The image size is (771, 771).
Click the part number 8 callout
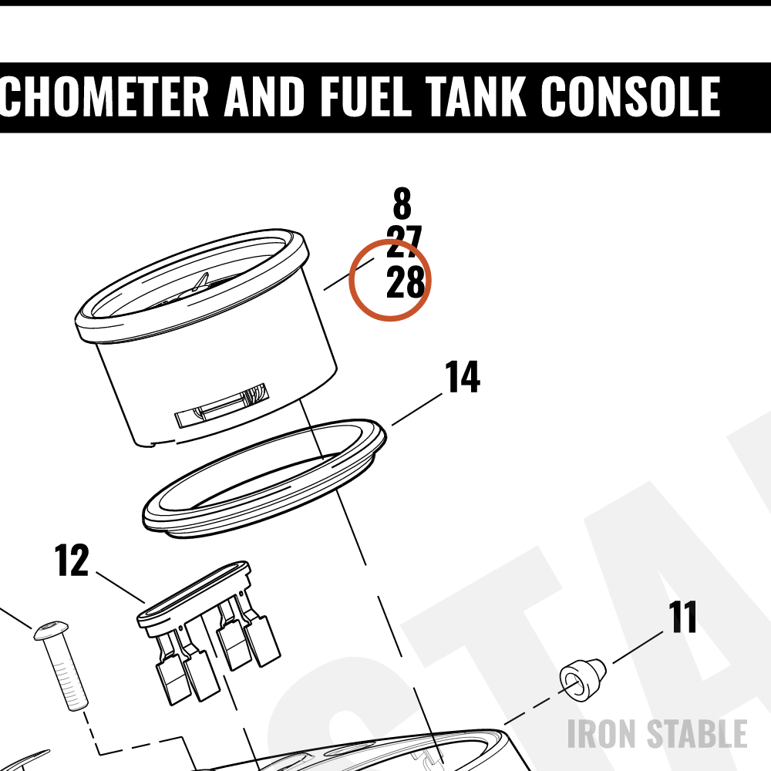tap(402, 203)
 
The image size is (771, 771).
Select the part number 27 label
tap(404, 241)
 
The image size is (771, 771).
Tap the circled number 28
tap(406, 281)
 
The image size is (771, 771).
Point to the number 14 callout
tap(462, 376)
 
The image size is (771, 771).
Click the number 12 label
tap(72, 560)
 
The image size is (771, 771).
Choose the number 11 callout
tap(682, 617)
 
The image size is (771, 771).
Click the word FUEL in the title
tap(365, 96)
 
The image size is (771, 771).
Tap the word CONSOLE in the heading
tap(631, 96)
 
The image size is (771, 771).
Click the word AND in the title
tap(263, 96)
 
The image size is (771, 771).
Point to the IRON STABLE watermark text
tap(658, 734)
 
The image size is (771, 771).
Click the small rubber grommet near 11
tap(583, 679)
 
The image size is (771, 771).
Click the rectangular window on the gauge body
tap(222, 406)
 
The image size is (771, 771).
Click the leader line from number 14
tap(417, 409)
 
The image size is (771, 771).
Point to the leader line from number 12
tap(120, 587)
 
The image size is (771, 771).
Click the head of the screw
tap(51, 629)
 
